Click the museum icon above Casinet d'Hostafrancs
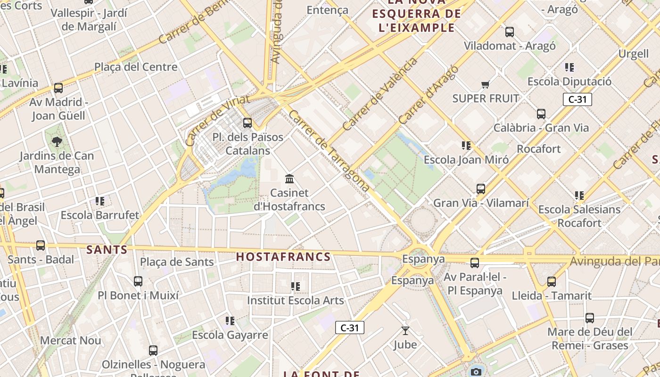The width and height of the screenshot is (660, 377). [x=289, y=179]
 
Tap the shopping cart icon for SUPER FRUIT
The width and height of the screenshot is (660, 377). [x=485, y=85]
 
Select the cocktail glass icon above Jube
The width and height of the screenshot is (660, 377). [x=405, y=331]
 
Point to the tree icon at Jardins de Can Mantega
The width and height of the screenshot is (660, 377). [x=57, y=141]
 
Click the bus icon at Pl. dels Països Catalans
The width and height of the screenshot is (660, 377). [x=247, y=123]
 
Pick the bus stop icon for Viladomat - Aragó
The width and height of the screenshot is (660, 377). [x=510, y=32]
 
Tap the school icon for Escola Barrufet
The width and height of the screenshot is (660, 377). [x=100, y=201]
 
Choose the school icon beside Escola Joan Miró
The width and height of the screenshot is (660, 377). [x=466, y=146]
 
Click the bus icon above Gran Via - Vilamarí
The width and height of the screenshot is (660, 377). [x=481, y=189]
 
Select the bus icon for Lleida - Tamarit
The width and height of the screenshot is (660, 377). [x=552, y=282]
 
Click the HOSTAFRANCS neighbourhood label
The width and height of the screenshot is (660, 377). [x=283, y=257]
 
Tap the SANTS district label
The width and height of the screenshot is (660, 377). [x=107, y=250]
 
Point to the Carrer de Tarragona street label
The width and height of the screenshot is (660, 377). [x=329, y=151]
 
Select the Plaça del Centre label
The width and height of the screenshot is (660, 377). [x=136, y=67]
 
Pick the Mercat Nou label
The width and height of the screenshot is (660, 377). [x=71, y=340]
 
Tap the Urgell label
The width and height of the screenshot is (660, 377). [x=633, y=54]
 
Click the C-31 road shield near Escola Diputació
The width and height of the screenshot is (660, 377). [x=577, y=99]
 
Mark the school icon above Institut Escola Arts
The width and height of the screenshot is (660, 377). [x=296, y=287]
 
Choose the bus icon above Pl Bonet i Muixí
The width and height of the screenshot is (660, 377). [x=138, y=281]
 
